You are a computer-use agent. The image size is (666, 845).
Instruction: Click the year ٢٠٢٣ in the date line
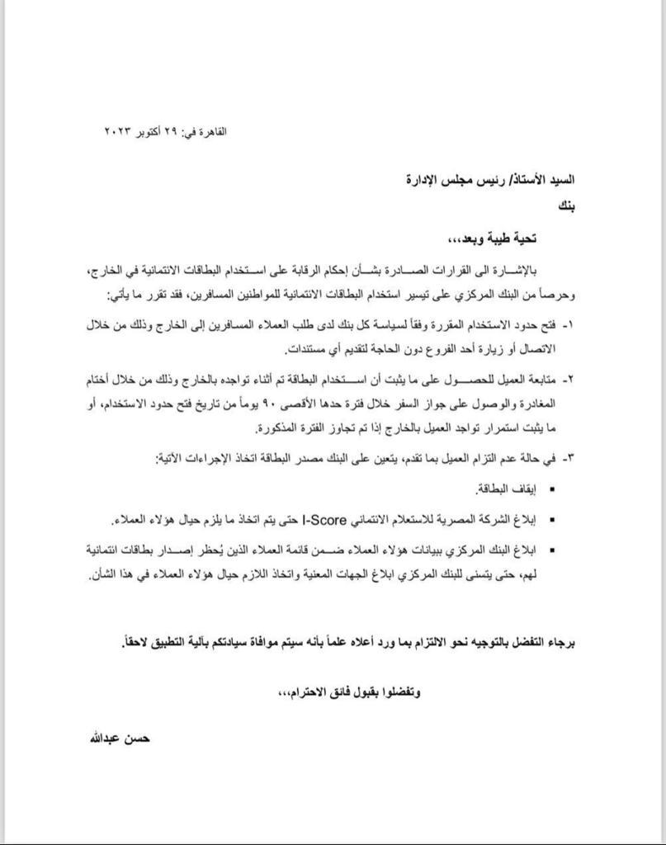click(118, 132)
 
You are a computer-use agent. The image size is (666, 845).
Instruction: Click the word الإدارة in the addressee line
click(417, 179)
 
